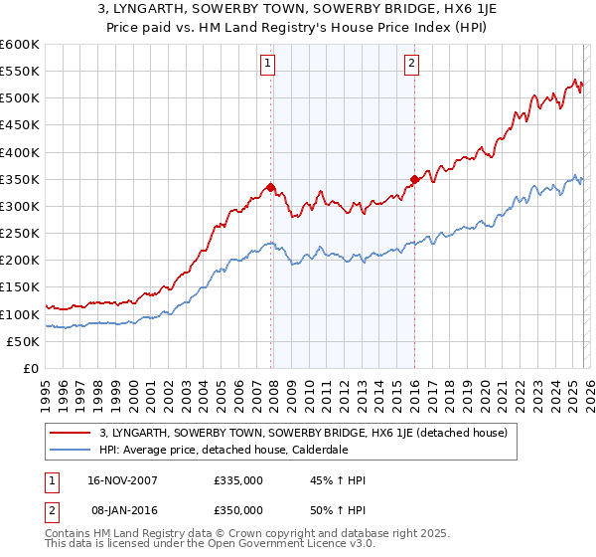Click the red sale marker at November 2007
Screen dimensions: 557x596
click(270, 187)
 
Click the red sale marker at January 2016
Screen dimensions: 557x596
click(413, 179)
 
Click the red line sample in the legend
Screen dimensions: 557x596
click(71, 433)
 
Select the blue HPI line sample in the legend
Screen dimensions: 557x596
click(71, 450)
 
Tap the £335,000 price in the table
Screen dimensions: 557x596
click(237, 480)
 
